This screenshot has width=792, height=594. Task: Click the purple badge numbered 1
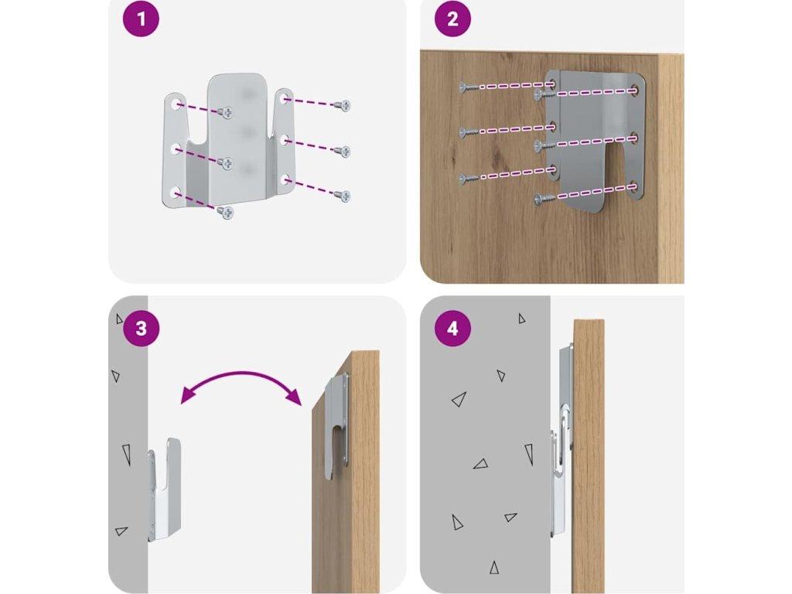[x=142, y=19]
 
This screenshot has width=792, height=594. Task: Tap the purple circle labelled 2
[x=452, y=19]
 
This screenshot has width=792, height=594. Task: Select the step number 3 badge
[x=142, y=328]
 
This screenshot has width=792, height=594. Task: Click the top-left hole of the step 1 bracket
[x=178, y=103]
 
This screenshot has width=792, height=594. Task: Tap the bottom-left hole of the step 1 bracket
[x=177, y=190]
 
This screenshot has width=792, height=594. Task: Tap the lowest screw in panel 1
[x=226, y=212]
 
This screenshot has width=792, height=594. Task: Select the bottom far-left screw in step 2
[x=465, y=179]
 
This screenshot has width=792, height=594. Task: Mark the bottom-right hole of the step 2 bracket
[x=634, y=186]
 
